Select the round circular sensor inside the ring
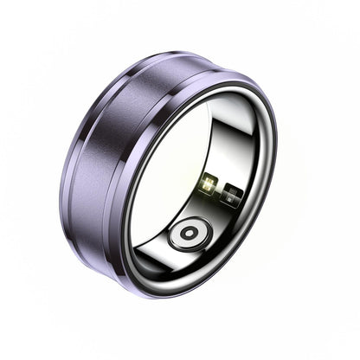coord(190,234)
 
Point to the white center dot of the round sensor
coord(190,234)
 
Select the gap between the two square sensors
coord(221,190)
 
